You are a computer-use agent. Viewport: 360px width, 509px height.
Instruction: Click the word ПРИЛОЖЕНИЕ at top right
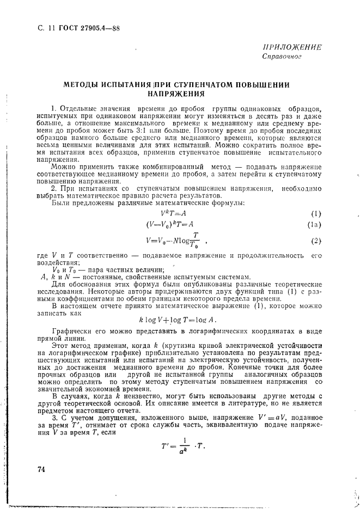coord(292,47)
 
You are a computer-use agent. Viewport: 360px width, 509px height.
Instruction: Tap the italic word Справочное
coord(282,56)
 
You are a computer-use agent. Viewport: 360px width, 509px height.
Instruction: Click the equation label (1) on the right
coord(314,213)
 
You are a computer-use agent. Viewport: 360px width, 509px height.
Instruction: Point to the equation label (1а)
coord(313,223)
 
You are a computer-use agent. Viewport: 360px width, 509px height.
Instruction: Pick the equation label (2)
coord(314,240)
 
